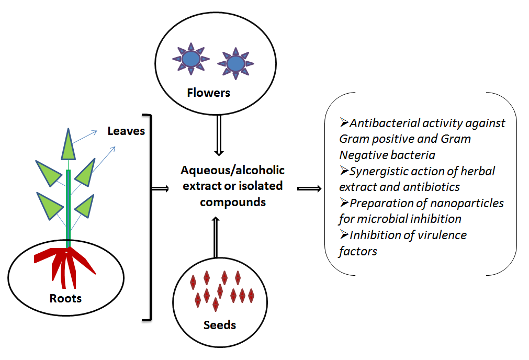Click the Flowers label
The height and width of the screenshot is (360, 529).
pyautogui.click(x=208, y=93)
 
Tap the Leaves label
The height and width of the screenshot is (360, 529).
pyautogui.click(x=126, y=131)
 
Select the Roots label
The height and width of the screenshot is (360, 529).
pyautogui.click(x=65, y=298)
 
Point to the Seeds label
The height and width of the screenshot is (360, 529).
pyautogui.click(x=220, y=325)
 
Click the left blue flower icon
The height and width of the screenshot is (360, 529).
pyautogui.click(x=191, y=59)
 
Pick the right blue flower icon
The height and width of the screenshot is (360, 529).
pyautogui.click(x=235, y=63)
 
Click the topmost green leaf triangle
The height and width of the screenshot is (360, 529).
pyautogui.click(x=68, y=144)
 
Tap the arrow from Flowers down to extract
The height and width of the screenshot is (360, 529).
pyautogui.click(x=219, y=136)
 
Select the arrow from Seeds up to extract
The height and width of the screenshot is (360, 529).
pyautogui.click(x=216, y=237)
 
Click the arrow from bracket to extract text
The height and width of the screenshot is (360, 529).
pyautogui.click(x=160, y=188)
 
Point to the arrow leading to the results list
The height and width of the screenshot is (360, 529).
pyautogui.click(x=309, y=188)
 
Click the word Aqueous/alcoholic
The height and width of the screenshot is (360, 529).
pyautogui.click(x=232, y=171)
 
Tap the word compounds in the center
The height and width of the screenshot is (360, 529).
pyautogui.click(x=233, y=203)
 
